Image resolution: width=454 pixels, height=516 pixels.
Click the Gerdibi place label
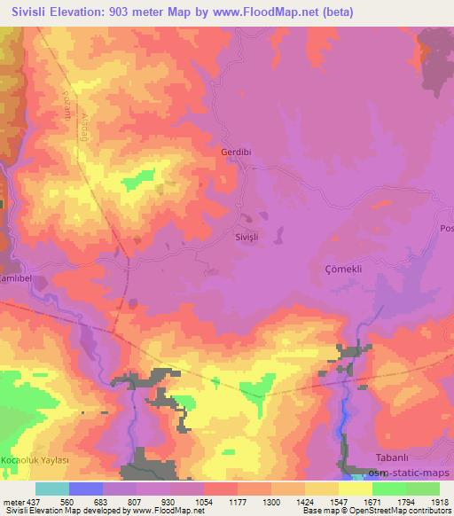(237, 152)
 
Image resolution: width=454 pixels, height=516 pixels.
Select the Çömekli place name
(340, 270)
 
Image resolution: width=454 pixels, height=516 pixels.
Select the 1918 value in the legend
(440, 500)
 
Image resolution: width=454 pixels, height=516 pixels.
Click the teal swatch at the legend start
(52, 489)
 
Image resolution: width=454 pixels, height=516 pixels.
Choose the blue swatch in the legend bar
(86, 489)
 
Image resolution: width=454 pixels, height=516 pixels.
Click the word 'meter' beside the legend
(13, 500)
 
